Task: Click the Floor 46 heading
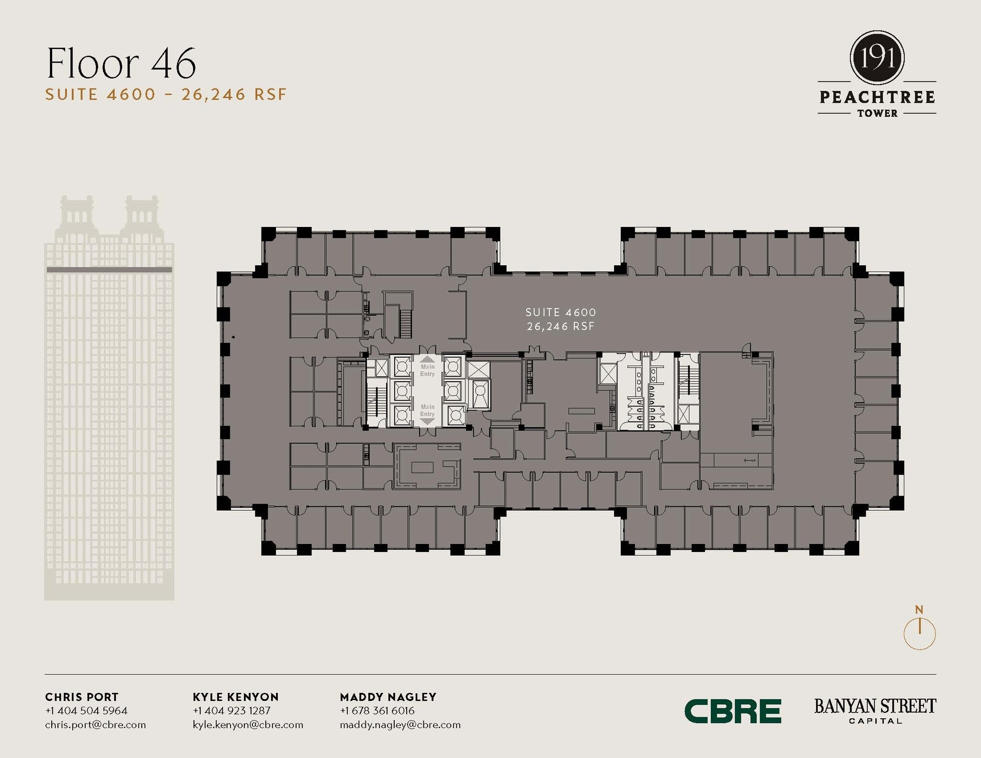point(121,63)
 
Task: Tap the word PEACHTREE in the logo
point(877,97)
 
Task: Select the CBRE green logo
point(732,711)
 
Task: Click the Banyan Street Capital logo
point(875,711)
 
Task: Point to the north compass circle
point(919,634)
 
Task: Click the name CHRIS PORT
point(81,697)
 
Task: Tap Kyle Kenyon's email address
point(248,724)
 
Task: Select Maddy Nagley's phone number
point(377,711)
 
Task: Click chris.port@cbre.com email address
point(95,724)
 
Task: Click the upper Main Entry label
point(427,370)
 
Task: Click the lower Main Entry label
point(427,410)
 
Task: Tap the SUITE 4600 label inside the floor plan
point(560,312)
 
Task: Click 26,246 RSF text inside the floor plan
point(560,326)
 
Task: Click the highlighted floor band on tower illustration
point(109,270)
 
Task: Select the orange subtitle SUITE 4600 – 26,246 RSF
point(166,94)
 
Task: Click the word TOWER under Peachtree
point(877,113)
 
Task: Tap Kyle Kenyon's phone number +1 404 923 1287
point(231,711)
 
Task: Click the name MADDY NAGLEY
point(388,697)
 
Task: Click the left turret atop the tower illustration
point(77,213)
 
